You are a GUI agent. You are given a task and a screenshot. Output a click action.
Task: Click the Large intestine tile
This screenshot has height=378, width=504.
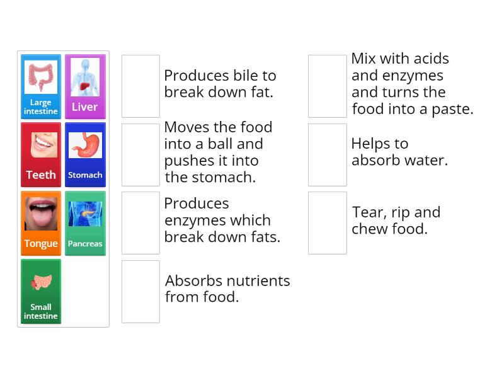pos(41,86)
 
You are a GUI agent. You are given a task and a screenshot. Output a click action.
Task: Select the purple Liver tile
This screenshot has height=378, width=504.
pos(85,86)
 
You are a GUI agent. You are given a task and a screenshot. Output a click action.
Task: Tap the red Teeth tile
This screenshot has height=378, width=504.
pos(41,154)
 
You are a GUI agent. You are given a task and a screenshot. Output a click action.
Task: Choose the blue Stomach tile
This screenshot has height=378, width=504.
pos(85,154)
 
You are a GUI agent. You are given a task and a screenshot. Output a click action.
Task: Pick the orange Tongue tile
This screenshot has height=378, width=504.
pos(41,223)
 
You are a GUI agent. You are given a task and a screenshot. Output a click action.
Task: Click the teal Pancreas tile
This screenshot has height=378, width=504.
pos(85,223)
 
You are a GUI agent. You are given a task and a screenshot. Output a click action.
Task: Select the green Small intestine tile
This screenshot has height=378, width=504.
pos(41,291)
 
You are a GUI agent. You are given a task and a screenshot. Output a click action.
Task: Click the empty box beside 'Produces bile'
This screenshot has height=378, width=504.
pos(140,86)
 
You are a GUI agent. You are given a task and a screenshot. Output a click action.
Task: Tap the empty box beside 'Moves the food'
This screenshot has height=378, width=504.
pos(140,154)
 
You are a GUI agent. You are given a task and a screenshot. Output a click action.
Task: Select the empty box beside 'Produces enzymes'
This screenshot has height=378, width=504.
pos(140,223)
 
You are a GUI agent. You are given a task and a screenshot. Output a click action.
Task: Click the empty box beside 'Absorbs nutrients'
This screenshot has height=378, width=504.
pos(140,291)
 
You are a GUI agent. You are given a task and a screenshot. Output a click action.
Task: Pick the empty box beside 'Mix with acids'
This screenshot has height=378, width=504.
pos(328,86)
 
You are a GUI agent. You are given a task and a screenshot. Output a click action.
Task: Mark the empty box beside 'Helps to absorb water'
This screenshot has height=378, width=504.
pos(328,154)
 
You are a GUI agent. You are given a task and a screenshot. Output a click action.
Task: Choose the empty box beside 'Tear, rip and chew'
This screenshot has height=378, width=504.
pos(328,223)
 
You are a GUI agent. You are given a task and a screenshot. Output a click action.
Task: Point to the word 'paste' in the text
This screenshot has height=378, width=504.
pos(451,109)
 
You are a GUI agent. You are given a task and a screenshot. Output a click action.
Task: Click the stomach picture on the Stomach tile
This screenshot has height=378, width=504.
pos(85,146)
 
